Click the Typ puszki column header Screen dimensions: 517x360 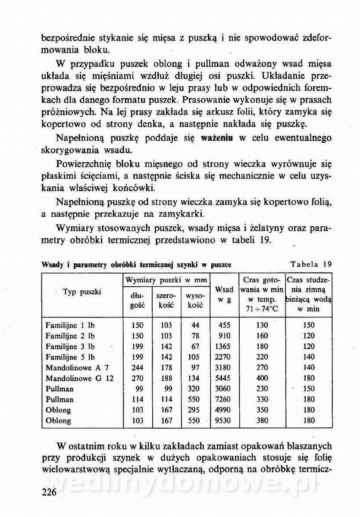click(x=82, y=292)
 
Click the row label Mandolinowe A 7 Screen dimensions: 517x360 click(x=76, y=368)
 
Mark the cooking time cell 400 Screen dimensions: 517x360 click(x=262, y=378)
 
